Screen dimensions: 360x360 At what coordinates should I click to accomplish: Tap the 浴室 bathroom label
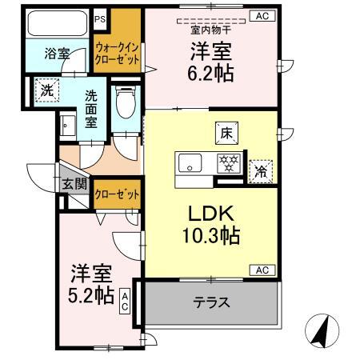(58, 54)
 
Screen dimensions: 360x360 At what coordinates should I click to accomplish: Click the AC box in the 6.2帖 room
(261, 15)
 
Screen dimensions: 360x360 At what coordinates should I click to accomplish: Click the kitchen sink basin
(191, 163)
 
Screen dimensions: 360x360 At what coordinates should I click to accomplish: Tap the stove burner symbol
(229, 164)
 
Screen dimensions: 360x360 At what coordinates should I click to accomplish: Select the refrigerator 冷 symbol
(261, 170)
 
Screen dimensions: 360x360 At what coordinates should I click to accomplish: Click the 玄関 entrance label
(72, 182)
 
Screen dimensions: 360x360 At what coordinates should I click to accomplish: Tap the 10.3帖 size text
(209, 238)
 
